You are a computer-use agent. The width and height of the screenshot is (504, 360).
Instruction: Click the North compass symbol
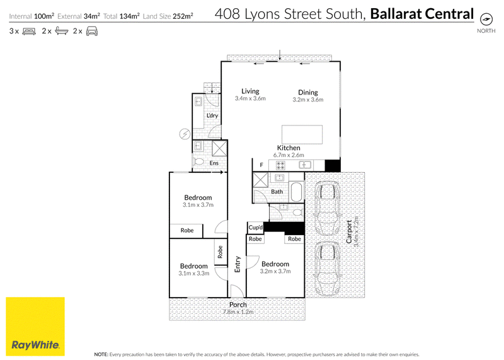(486, 20)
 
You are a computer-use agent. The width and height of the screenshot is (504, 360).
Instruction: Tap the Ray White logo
(35, 327)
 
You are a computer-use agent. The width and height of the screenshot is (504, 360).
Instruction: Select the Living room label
(250, 91)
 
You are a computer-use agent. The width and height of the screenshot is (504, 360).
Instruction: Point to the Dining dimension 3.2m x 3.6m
(308, 100)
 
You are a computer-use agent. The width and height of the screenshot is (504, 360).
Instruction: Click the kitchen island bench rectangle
(302, 134)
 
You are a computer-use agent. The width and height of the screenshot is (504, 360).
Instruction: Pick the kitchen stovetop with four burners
(280, 165)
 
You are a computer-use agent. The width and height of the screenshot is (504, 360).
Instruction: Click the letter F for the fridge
(261, 165)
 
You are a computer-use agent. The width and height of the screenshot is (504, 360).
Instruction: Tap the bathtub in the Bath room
(296, 192)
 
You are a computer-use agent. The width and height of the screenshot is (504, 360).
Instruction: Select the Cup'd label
(256, 228)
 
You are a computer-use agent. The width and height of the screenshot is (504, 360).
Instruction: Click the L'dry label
(212, 115)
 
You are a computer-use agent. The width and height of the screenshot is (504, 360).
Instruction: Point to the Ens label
(214, 163)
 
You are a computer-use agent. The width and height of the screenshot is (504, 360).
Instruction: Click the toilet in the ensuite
(198, 161)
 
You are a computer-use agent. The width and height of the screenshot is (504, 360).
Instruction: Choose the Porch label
(238, 305)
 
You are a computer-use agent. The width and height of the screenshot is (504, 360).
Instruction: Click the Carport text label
(349, 231)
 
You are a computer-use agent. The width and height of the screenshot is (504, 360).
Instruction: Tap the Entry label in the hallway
(238, 264)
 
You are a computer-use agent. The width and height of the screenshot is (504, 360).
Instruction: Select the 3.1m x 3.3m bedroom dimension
(194, 274)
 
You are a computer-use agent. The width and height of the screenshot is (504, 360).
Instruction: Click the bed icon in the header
(29, 31)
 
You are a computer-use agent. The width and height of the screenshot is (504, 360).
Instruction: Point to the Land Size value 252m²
(183, 16)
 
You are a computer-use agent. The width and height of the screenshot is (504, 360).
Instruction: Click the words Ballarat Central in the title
(422, 14)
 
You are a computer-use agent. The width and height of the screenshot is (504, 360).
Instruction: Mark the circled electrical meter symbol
(185, 134)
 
